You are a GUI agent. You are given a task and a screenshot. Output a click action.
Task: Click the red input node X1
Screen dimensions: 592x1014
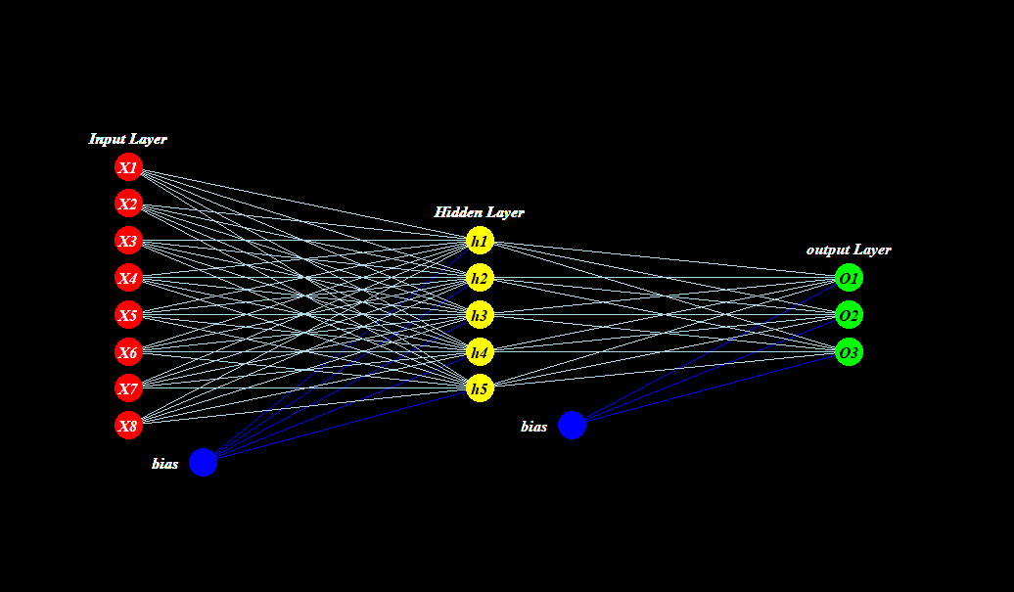point(128,167)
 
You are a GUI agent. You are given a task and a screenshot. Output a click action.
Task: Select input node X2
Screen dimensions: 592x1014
point(128,205)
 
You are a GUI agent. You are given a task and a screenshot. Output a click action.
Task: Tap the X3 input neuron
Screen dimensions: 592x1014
point(128,242)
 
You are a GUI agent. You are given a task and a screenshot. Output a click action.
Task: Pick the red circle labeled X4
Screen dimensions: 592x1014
point(128,278)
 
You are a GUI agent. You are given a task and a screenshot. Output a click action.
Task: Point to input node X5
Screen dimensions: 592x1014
point(128,315)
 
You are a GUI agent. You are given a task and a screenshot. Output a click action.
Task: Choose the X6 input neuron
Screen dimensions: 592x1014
point(128,352)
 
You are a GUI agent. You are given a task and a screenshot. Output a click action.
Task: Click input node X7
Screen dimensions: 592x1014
point(128,388)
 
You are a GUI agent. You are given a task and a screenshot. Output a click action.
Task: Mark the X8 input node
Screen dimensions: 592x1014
point(128,426)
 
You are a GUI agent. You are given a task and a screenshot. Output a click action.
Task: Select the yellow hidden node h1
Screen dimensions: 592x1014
point(480,241)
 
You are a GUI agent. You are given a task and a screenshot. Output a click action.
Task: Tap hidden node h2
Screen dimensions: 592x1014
point(480,278)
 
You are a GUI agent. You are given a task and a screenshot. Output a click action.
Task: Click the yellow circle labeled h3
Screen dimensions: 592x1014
point(480,315)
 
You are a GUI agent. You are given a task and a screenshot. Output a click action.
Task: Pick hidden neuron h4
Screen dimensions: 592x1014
point(480,351)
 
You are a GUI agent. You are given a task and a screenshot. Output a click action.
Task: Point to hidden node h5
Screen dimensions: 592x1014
point(480,388)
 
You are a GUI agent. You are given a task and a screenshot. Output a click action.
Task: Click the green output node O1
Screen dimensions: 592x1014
point(849,278)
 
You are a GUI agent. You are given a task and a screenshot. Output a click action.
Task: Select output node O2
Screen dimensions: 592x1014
point(849,315)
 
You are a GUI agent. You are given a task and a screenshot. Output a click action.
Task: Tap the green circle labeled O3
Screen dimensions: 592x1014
point(849,351)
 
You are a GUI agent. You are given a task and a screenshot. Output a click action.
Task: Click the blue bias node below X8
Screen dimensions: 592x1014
point(203,462)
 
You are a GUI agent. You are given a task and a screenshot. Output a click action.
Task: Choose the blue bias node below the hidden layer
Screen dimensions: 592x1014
point(572,426)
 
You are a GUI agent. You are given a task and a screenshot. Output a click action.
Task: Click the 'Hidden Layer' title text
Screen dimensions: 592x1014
point(479,212)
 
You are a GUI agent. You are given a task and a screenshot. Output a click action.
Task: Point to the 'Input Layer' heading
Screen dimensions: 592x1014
point(127,139)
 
